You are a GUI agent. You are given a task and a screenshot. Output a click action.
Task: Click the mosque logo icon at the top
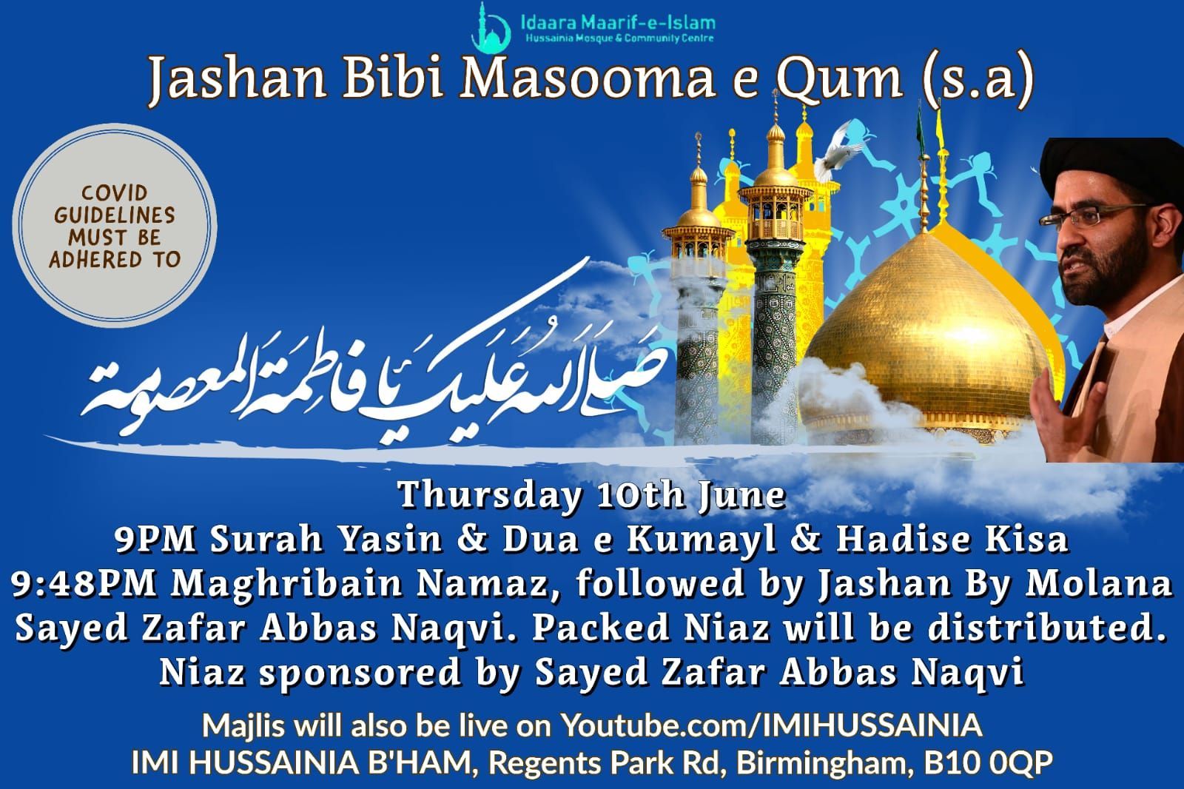(491, 25)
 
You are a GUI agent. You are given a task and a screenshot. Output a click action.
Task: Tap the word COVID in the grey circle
(115, 193)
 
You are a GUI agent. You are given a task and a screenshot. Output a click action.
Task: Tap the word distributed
(1050, 628)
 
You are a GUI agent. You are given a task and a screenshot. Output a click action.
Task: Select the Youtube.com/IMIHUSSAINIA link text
(771, 725)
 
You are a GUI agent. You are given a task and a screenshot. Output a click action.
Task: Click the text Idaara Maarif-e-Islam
(617, 23)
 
